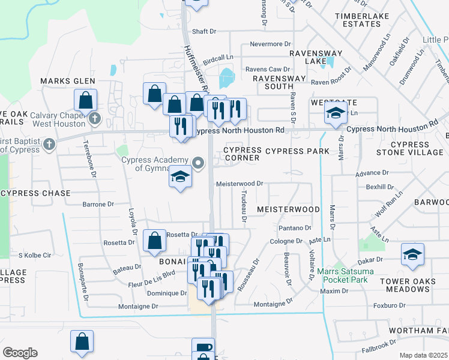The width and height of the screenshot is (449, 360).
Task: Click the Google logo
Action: click(x=20, y=353)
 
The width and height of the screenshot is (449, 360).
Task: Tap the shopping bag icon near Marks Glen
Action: click(x=85, y=99)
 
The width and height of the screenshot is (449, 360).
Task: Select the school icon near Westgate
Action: click(x=336, y=112)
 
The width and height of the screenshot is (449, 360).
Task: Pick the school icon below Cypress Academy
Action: click(x=179, y=177)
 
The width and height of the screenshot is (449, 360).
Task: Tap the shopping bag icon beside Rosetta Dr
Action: click(x=155, y=240)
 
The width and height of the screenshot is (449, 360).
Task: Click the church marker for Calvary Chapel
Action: click(x=94, y=118)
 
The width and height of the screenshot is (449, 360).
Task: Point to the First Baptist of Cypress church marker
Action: click(x=49, y=144)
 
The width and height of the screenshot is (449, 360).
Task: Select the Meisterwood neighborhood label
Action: click(x=289, y=209)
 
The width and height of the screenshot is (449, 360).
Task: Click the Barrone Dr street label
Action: click(x=98, y=205)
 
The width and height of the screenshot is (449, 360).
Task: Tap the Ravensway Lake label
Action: click(x=307, y=57)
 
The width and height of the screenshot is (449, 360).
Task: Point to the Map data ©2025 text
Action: click(x=423, y=355)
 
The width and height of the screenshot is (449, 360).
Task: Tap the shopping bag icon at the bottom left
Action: click(x=82, y=341)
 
